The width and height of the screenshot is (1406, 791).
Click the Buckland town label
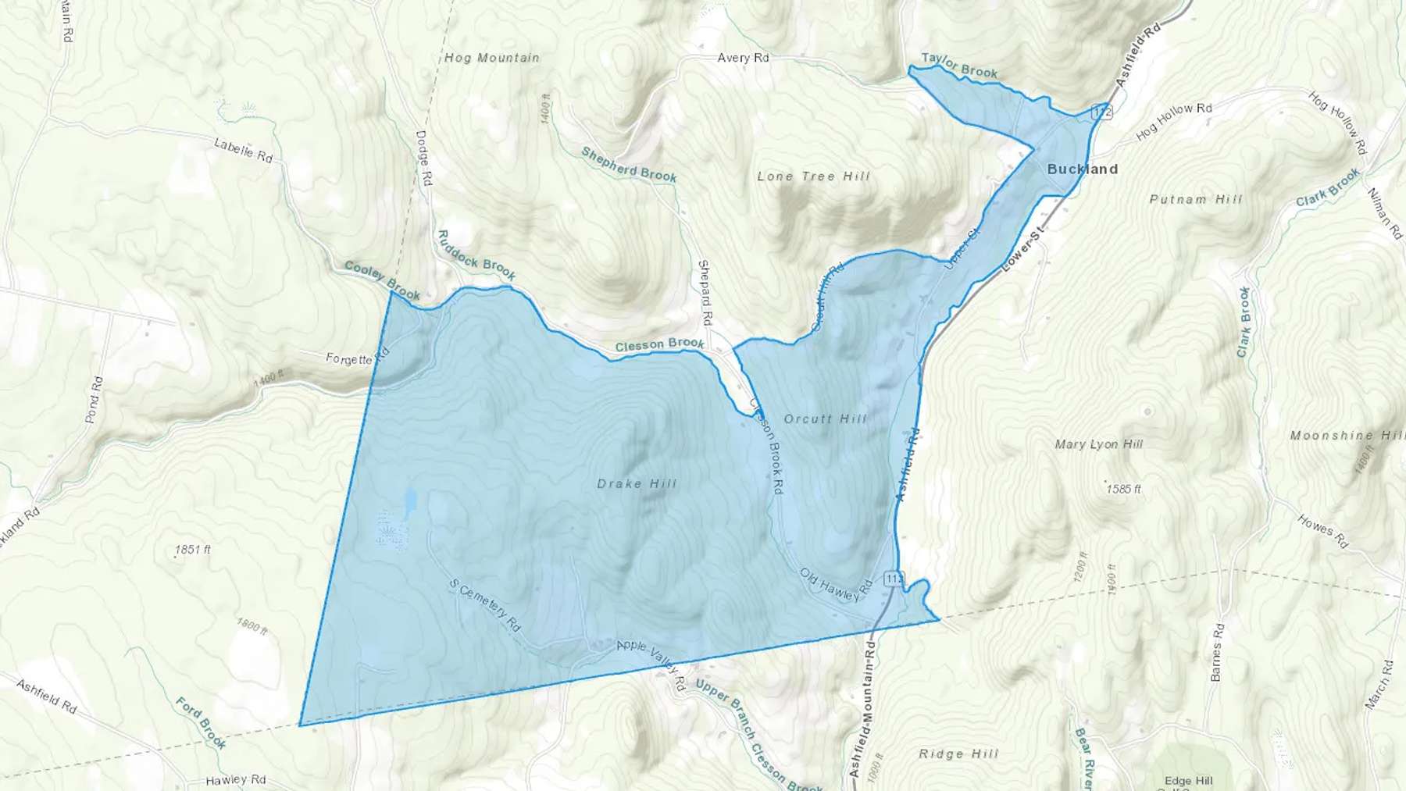1082,169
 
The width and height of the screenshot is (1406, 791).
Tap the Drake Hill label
637,484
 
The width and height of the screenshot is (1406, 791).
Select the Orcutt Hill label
825,419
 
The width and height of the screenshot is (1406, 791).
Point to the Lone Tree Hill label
813,176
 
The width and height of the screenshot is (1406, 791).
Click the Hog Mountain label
491,58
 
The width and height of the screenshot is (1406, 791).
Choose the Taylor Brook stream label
958,66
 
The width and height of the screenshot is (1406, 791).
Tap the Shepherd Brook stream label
629,164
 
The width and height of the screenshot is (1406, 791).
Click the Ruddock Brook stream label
476,255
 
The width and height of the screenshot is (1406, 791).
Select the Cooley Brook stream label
382,281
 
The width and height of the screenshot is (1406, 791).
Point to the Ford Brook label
201,723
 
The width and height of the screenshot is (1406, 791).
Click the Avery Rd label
743,58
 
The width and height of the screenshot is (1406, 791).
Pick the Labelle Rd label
243,150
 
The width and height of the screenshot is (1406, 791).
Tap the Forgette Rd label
357,358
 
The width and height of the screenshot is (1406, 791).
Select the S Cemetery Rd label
485,605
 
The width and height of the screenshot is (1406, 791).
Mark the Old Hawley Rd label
835,585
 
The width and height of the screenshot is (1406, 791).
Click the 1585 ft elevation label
1123,490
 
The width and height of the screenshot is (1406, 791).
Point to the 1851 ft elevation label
192,550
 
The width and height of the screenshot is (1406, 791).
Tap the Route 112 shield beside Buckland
1102,111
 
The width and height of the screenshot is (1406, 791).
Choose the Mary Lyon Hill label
1098,444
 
